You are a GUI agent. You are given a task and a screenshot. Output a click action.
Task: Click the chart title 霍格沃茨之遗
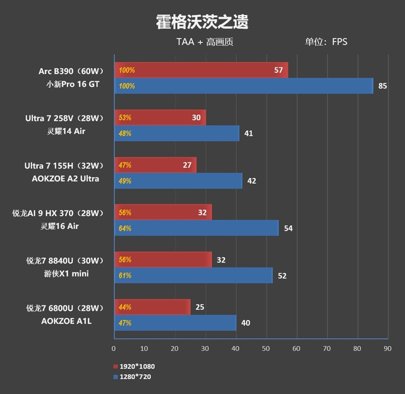pos(202,22)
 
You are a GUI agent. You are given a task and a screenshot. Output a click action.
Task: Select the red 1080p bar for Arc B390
pos(201,70)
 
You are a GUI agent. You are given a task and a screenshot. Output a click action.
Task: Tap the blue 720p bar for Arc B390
pos(244,86)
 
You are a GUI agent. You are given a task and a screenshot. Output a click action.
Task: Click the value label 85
pos(382,86)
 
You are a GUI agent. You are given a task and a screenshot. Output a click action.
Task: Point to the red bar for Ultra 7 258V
pos(160,117)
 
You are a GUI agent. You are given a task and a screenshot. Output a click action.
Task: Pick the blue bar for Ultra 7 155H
pos(178,181)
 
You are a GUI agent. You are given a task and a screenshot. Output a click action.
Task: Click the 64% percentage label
pos(125,228)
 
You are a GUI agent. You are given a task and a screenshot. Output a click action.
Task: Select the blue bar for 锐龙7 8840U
pos(193,275)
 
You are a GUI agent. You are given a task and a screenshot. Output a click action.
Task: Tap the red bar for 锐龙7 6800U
pos(152,307)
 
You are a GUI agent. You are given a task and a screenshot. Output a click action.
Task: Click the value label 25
pos(200,307)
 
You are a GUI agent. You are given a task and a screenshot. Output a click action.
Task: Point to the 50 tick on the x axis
pos(266,348)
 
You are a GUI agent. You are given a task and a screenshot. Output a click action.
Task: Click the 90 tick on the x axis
pos(387,348)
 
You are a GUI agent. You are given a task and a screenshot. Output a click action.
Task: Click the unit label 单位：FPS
pos(326,42)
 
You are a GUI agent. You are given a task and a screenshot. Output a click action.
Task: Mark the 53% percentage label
pos(125,117)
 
